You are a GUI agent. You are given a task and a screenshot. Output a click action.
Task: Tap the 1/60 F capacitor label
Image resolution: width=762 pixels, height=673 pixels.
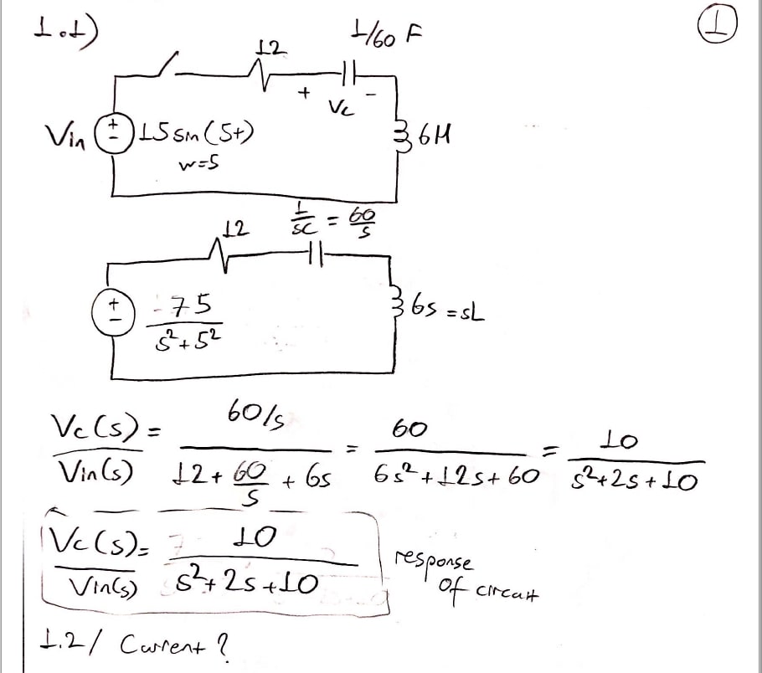pyautogui.click(x=386, y=34)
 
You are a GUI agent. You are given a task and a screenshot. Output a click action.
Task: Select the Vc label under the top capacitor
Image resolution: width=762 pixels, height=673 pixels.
pyautogui.click(x=338, y=106)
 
